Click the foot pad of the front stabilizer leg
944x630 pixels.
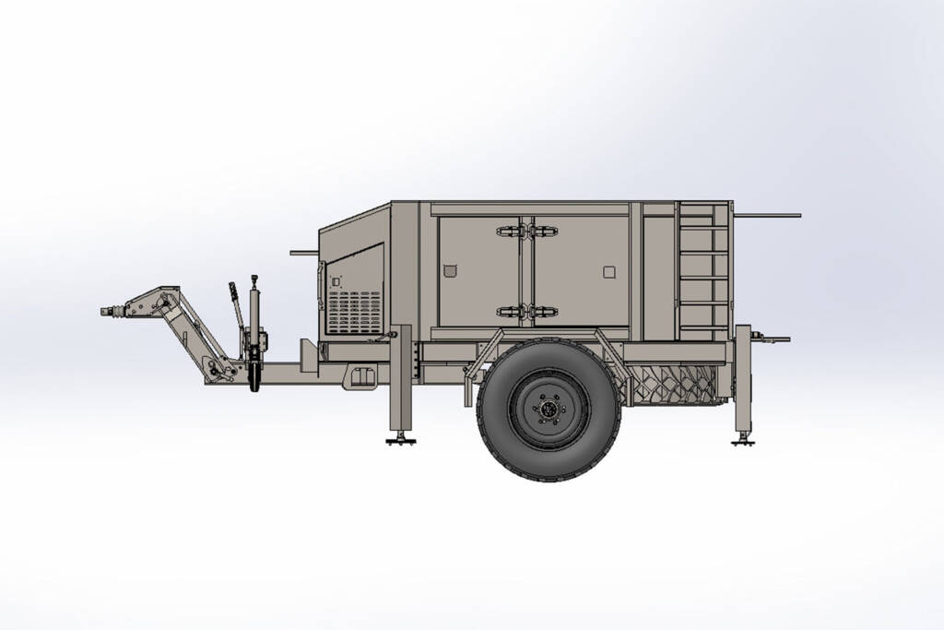[399, 441]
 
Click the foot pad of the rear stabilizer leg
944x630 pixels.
[743, 442]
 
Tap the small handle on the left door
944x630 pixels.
[449, 270]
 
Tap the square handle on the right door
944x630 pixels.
[608, 271]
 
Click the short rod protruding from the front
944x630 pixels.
[303, 251]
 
